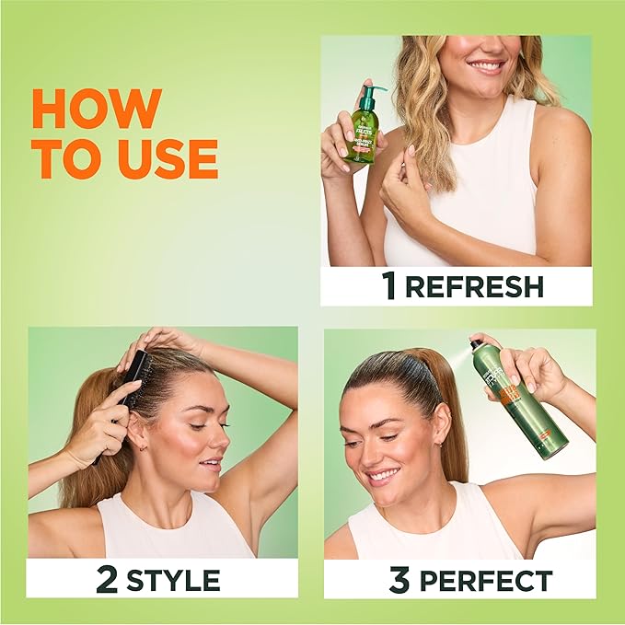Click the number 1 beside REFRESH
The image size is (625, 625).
click(x=390, y=286)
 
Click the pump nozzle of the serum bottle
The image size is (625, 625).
click(x=375, y=89)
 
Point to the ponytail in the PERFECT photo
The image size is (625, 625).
click(x=448, y=414)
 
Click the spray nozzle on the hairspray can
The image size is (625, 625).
click(x=476, y=344)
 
